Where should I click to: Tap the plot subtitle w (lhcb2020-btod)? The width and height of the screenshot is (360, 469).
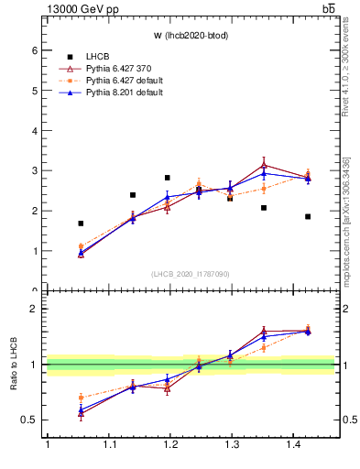tap(191, 36)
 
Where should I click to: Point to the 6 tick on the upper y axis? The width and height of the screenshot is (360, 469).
tap(37, 50)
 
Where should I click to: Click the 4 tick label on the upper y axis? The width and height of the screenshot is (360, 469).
tap(37, 131)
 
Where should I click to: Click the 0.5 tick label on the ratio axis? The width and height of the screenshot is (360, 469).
tap(31, 420)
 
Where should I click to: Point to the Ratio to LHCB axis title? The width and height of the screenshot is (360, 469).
tap(15, 365)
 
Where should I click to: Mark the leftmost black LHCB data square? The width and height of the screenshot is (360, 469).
tap(81, 224)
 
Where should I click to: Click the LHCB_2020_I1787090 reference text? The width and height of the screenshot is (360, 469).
tap(191, 273)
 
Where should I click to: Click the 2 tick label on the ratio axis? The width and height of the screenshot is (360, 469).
tap(37, 308)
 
